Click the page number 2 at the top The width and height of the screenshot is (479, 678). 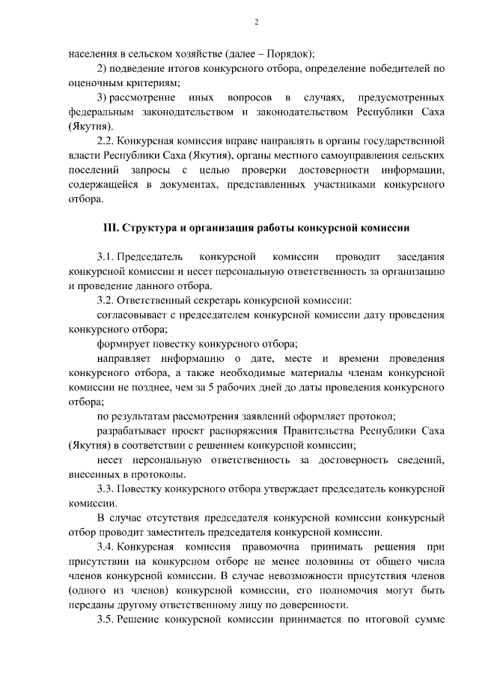tap(256, 22)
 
